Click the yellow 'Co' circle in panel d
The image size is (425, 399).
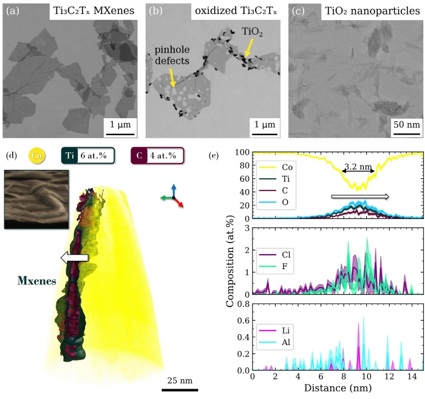click(38, 156)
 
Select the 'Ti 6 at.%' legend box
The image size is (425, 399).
click(86, 156)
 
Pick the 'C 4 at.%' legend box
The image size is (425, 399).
click(157, 156)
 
